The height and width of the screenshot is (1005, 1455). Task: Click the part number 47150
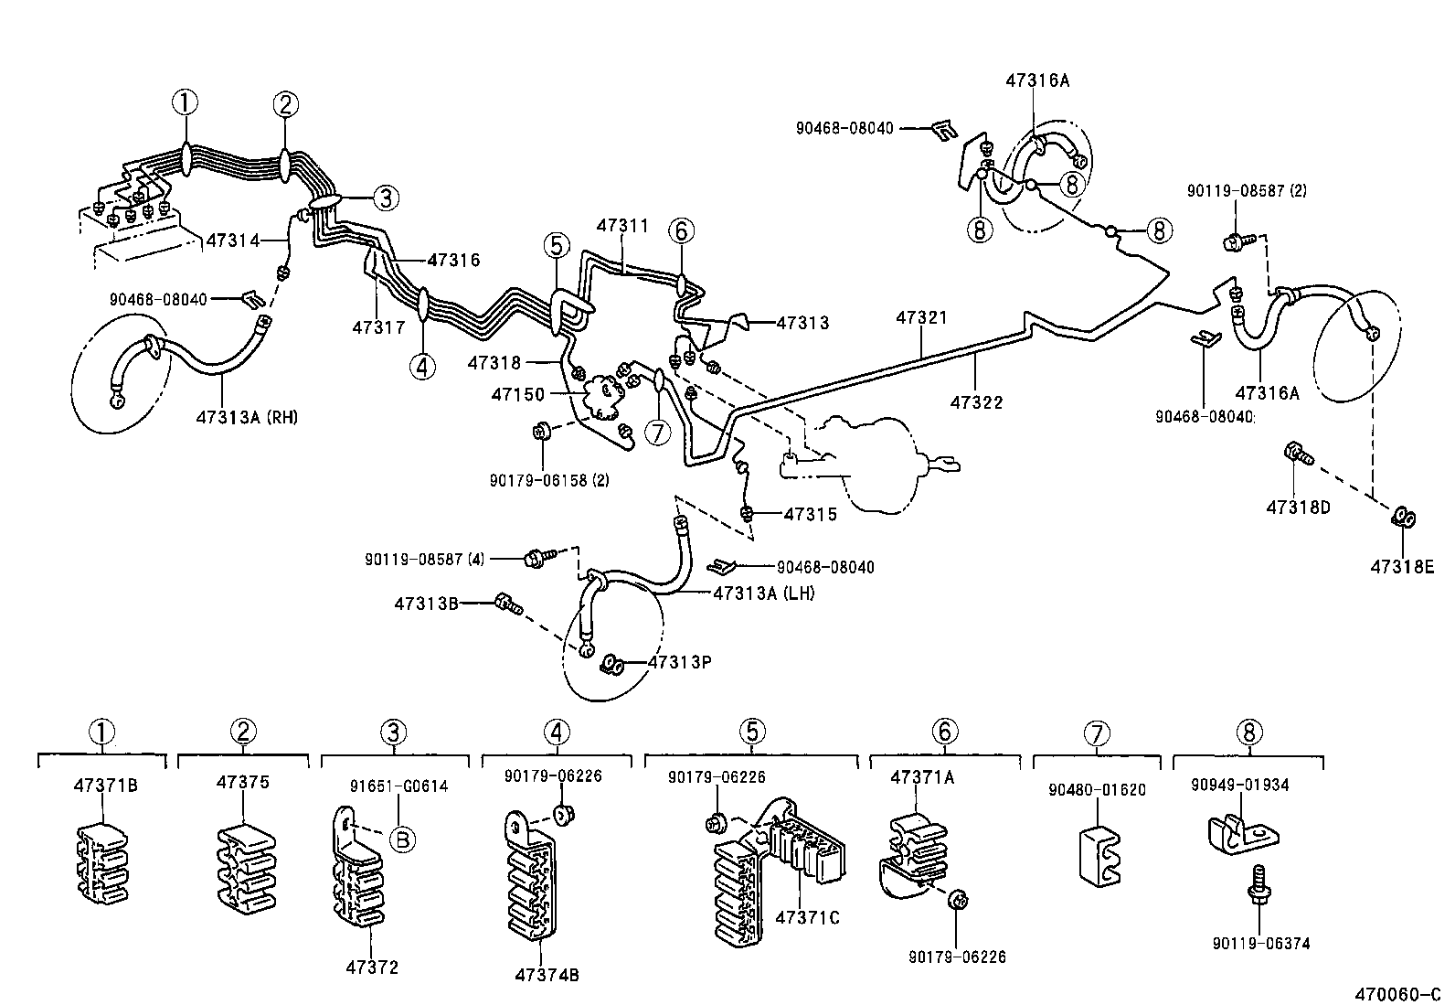pos(517,394)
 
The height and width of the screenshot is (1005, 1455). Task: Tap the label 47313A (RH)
pos(247,417)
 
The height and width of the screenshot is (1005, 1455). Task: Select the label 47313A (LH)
pos(764,593)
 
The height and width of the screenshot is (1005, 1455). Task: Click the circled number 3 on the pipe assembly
pos(385,197)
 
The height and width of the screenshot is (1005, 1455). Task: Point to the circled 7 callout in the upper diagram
pos(658,433)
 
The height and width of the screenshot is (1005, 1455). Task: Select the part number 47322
pos(975,401)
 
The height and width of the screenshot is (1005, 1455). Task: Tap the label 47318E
pos(1402,567)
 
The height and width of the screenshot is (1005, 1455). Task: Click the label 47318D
pos(1298,507)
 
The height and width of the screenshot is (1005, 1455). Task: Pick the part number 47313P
pos(679,661)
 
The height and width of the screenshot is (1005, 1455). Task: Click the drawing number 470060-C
pos(1398,993)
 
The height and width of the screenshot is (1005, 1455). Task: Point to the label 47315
pos(810,514)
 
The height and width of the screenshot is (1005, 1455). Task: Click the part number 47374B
pos(547,974)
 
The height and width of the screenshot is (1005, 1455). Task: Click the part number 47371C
pos(806,917)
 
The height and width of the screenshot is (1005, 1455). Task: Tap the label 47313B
pos(426,604)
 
